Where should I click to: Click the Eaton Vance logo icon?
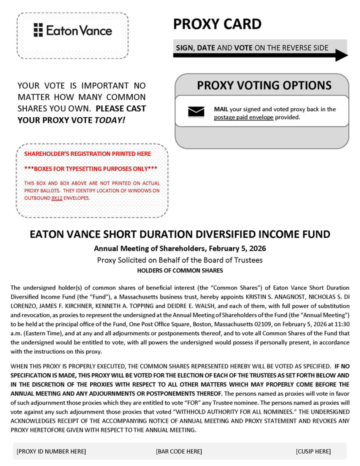pos(38,30)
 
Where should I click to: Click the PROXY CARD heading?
pos(217,23)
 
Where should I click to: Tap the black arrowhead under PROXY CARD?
pos(341,55)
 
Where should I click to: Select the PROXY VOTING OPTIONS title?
pos(264,85)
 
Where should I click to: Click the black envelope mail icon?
pos(196,111)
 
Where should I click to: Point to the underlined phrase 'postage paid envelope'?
pos(243,117)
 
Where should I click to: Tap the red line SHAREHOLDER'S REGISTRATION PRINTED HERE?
pos(87,153)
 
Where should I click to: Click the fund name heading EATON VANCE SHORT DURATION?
pos(180,234)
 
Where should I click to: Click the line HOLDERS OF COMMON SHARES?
pos(180,270)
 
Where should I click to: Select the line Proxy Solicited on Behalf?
pos(180,260)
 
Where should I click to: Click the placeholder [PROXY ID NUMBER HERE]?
pos(51,451)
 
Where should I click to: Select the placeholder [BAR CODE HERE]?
pos(179,451)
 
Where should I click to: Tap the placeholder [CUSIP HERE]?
pos(313,451)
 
